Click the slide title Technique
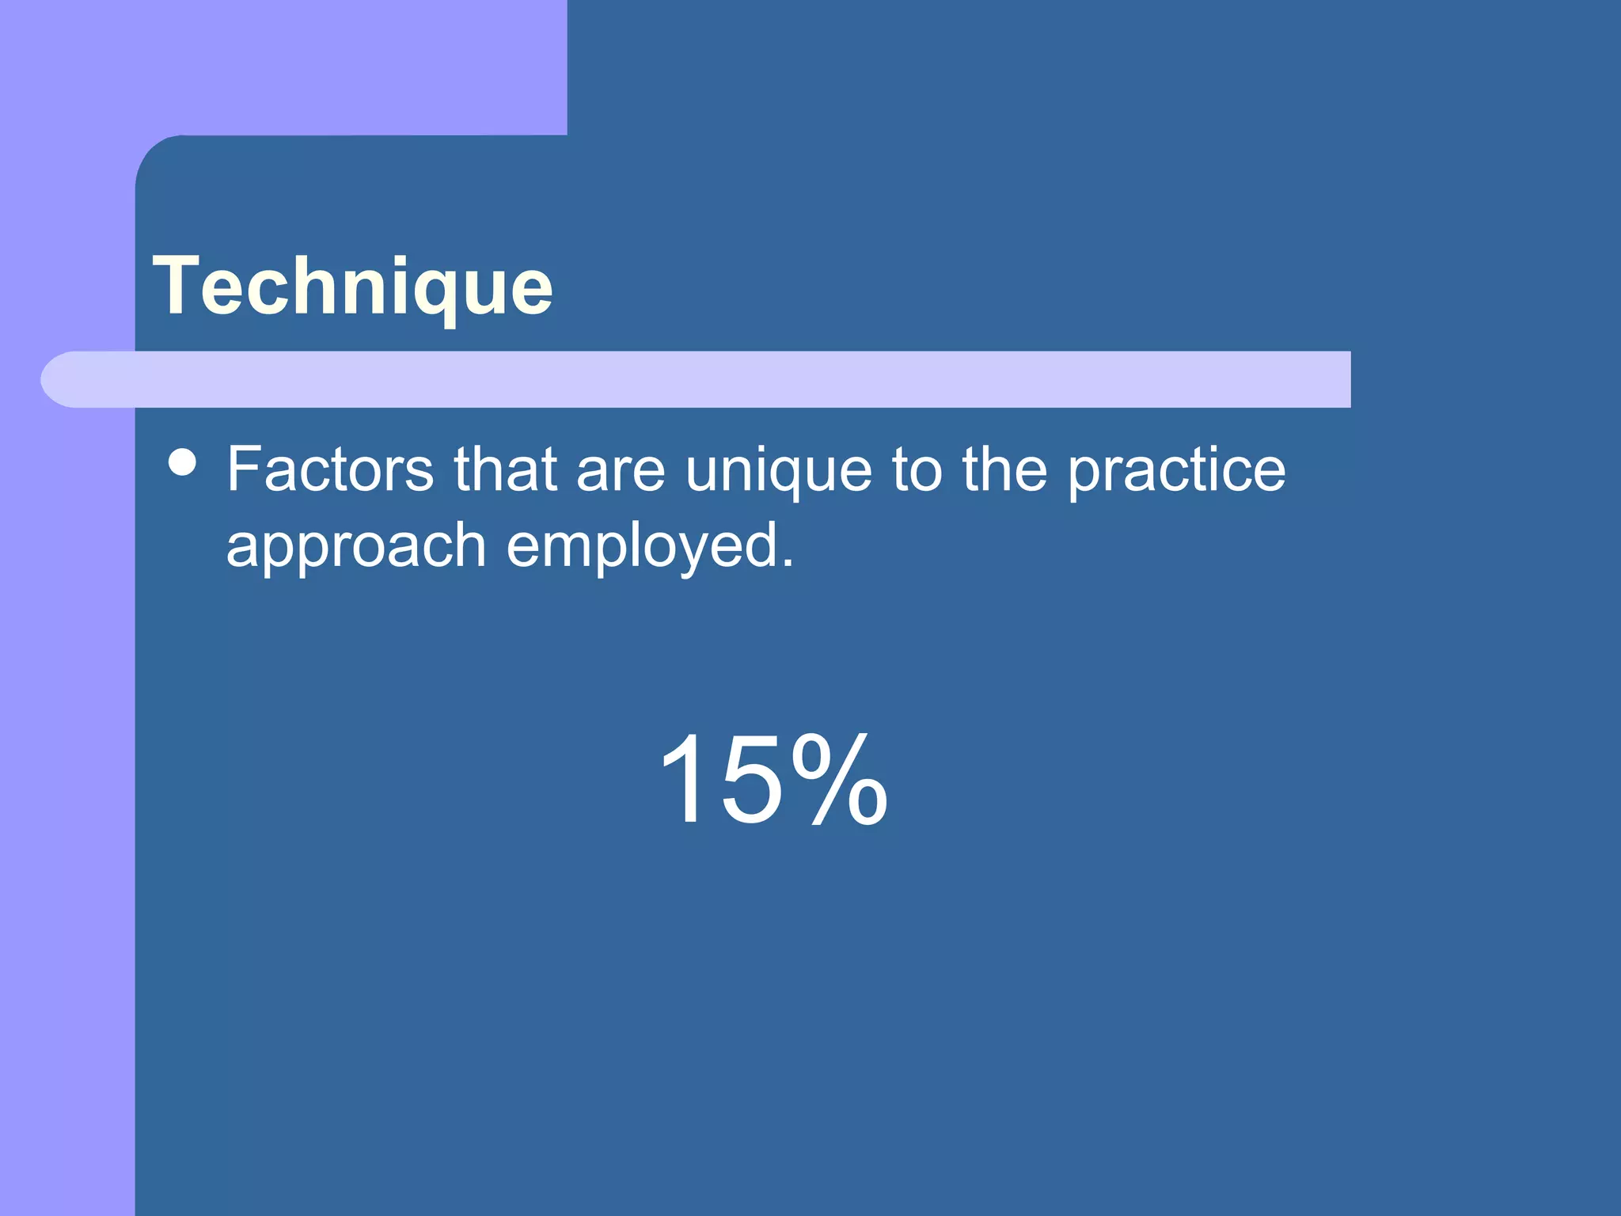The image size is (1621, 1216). coord(352,286)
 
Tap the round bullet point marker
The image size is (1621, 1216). coord(183,462)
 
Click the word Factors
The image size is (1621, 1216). coord(330,469)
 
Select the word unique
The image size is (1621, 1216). coord(778,471)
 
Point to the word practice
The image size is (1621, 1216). coord(1176,471)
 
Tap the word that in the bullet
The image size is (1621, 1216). coord(505,469)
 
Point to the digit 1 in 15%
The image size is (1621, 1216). coord(682,779)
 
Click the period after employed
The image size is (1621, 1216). coord(786,564)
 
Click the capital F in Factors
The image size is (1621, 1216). coord(244,469)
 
